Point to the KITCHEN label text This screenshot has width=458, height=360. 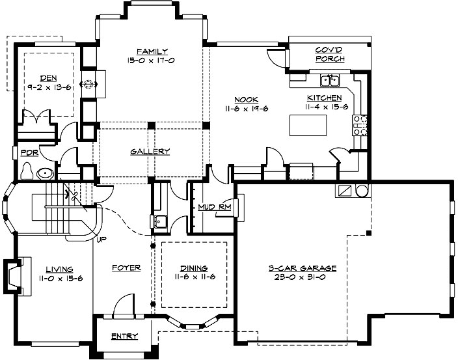tap(324, 98)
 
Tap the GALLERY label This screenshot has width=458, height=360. tap(150, 152)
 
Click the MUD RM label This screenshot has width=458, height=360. tap(212, 208)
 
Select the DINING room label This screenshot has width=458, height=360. tap(194, 268)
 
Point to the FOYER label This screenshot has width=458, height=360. tap(126, 268)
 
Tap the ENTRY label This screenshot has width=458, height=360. tap(124, 336)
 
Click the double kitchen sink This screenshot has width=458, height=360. tap(331, 81)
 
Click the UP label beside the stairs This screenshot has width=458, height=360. tap(101, 239)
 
